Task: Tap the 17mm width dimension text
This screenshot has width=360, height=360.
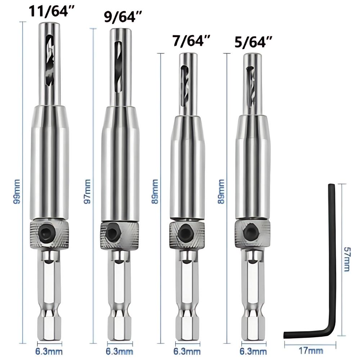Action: pyautogui.click(x=310, y=350)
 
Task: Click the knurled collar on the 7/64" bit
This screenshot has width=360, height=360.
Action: pyautogui.click(x=187, y=234)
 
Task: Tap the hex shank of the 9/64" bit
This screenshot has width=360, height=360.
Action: pyautogui.click(x=119, y=299)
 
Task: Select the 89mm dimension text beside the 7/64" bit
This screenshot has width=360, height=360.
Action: pyautogui.click(x=155, y=192)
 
